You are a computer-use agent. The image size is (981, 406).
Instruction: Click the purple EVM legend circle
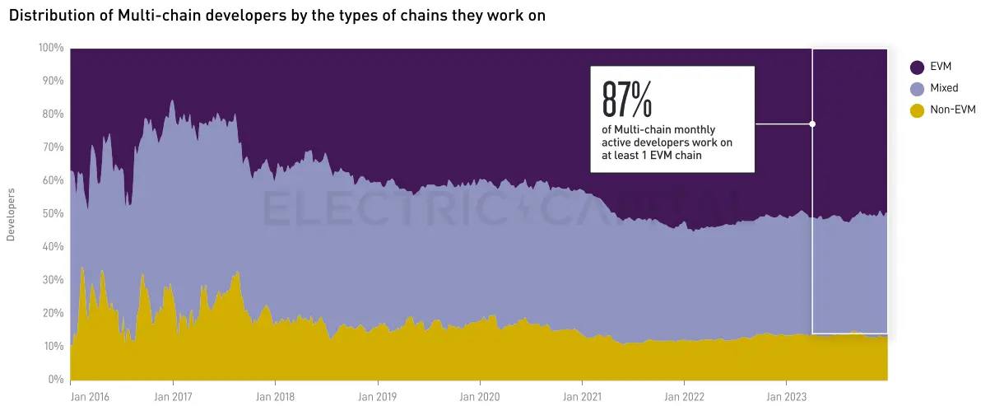[x=917, y=67]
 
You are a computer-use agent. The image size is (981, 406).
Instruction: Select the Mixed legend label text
[x=944, y=88]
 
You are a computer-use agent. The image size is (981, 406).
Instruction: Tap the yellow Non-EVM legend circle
[x=917, y=110]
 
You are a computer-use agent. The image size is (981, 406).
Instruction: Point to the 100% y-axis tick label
[x=51, y=48]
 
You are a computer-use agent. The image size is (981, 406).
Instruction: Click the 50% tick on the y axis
[x=53, y=213]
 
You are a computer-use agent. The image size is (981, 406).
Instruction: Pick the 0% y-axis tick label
[x=55, y=380]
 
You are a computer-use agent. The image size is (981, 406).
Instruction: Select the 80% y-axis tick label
[x=53, y=114]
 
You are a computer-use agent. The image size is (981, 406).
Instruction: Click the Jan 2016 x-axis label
[x=90, y=396]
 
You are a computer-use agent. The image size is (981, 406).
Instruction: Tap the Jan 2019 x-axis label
[x=378, y=396]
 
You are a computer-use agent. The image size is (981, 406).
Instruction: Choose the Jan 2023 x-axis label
[x=786, y=396]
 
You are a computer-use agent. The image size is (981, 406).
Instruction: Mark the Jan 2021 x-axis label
[x=582, y=396]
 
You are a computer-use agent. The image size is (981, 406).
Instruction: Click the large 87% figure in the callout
[x=627, y=100]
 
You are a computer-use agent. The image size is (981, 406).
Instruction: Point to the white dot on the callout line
[x=812, y=124]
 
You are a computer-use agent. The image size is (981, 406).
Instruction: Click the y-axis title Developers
[x=12, y=214]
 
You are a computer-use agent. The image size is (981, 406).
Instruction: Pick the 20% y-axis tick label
[x=53, y=313]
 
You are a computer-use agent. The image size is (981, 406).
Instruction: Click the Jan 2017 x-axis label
[x=173, y=396]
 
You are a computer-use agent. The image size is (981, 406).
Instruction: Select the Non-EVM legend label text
[x=953, y=110]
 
